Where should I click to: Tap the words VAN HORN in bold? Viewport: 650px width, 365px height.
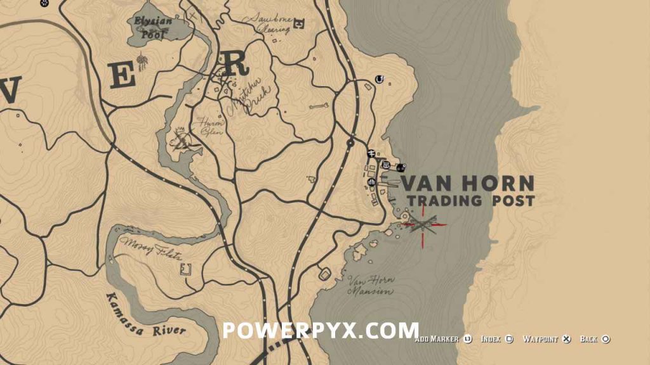467,184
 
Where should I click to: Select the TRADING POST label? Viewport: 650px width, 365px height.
470,201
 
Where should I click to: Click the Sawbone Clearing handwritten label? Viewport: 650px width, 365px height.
270,23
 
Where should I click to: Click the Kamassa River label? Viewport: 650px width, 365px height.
145,314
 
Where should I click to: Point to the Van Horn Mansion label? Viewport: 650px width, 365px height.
371,286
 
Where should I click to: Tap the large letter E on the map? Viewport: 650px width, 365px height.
123,76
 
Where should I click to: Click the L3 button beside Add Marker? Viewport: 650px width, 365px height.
468,340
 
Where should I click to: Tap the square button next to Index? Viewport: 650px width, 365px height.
509,340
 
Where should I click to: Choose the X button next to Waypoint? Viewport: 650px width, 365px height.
567,340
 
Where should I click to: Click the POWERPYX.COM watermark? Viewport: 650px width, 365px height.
320,330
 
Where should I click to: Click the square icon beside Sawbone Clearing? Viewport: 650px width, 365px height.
300,24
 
